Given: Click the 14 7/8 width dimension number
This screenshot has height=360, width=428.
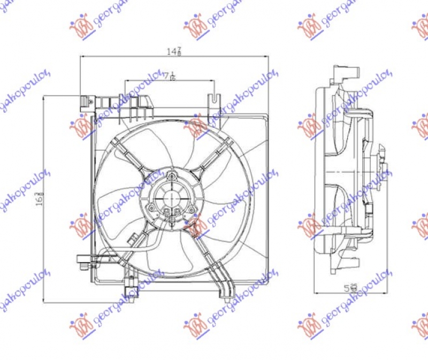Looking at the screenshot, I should point(172,51).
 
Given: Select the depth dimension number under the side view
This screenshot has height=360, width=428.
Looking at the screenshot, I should point(351,288).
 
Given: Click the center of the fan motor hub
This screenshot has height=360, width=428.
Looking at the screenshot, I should point(172,196).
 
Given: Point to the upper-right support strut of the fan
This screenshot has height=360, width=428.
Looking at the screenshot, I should point(213,155).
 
